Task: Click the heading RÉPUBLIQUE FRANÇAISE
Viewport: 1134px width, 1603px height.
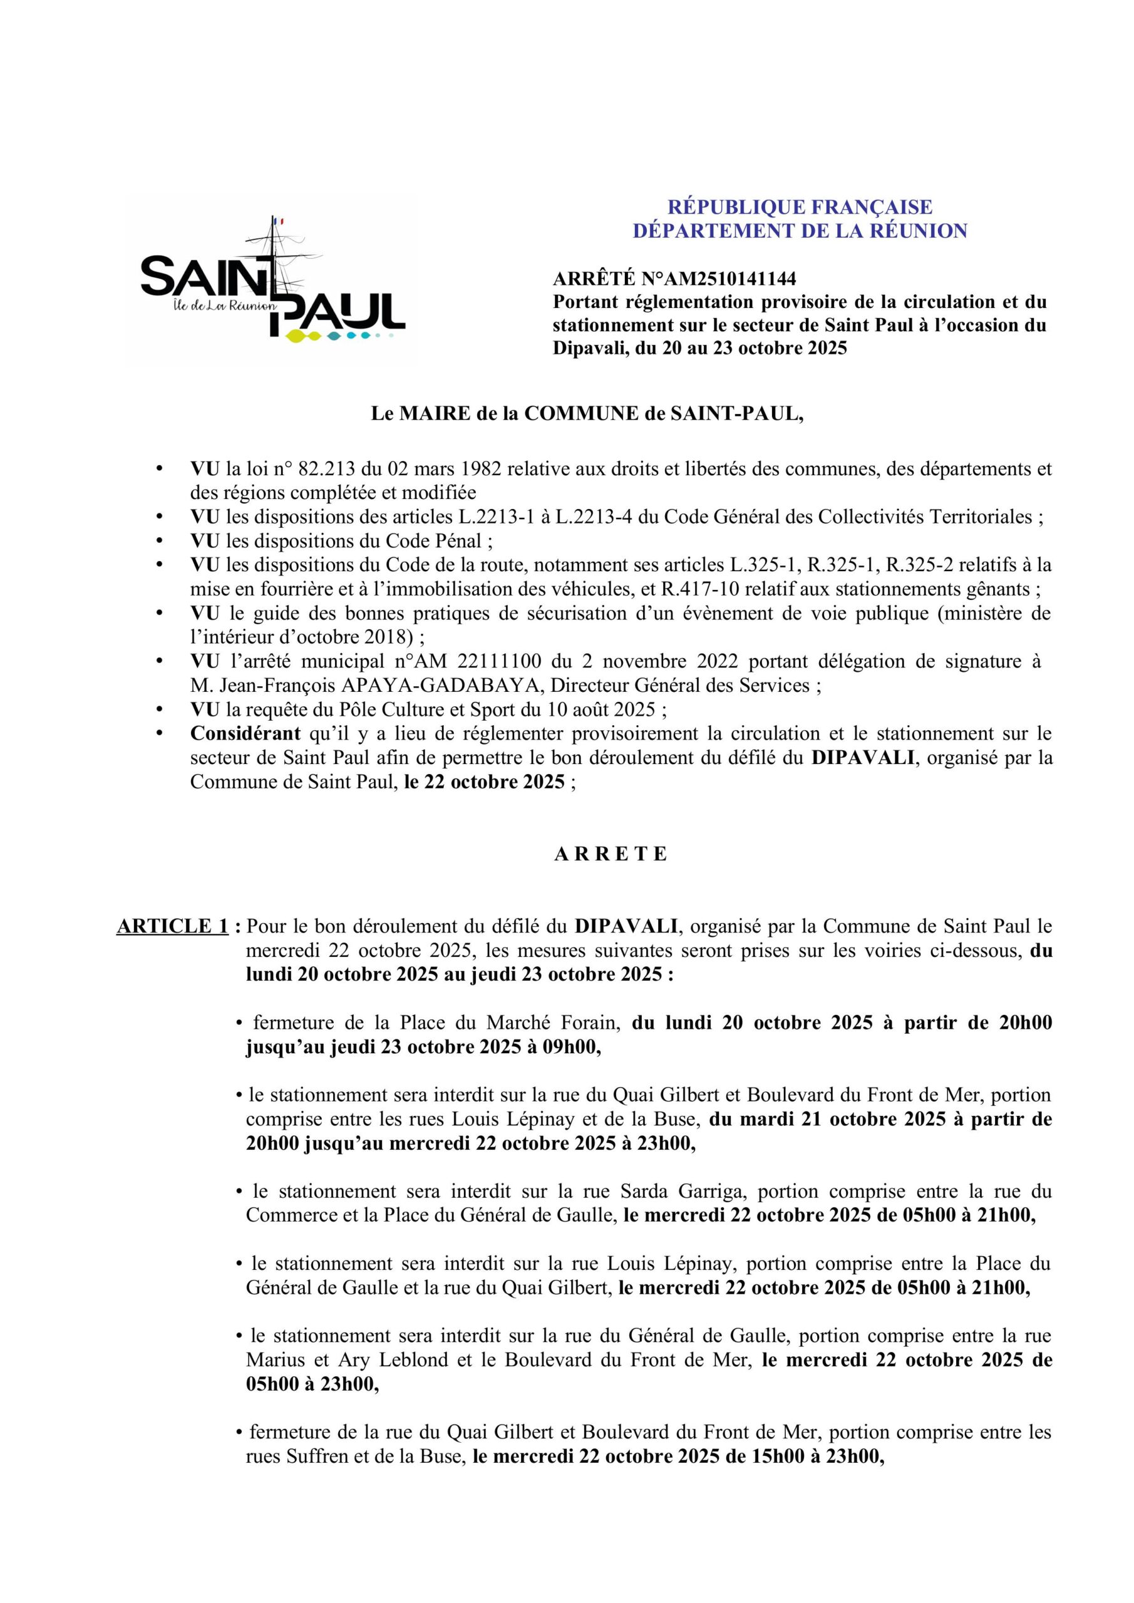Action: (x=800, y=207)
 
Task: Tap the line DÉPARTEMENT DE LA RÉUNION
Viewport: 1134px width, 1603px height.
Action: (x=800, y=231)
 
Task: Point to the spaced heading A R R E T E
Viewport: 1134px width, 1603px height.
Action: (x=611, y=855)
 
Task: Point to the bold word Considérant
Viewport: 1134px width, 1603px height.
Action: (x=245, y=734)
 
